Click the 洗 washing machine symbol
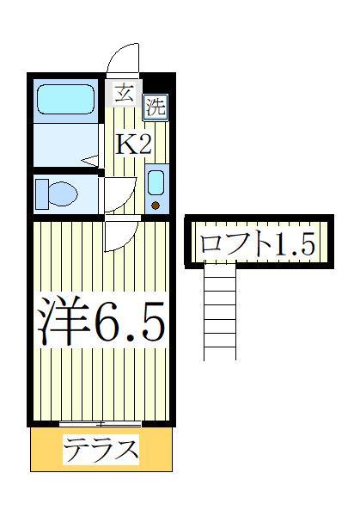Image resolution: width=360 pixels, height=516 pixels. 155,107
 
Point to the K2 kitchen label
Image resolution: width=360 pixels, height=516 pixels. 134,144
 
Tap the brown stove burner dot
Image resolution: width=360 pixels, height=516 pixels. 156,205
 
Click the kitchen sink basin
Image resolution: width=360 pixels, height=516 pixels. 156,182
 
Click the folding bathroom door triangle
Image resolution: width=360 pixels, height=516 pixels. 92,160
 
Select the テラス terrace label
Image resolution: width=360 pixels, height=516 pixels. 101,450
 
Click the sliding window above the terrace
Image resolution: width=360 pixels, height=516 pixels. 101,423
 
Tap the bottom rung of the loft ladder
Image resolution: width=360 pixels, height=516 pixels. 219,347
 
